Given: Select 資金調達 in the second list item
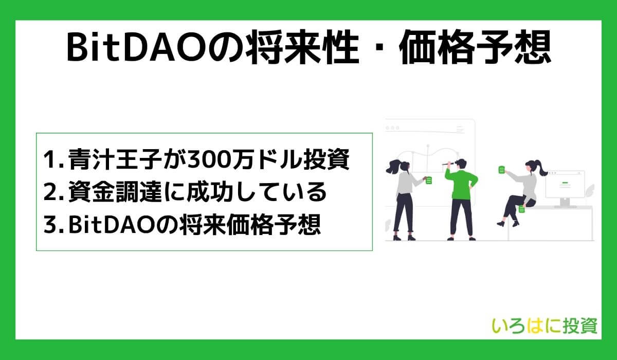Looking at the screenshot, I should [x=108, y=193].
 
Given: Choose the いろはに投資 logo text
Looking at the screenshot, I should [x=545, y=326].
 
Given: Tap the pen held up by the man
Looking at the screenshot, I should [x=445, y=164].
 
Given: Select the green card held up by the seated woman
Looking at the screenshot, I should [x=501, y=169].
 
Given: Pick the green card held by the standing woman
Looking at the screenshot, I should [x=429, y=181].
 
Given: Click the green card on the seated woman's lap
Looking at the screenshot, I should [x=521, y=209].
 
